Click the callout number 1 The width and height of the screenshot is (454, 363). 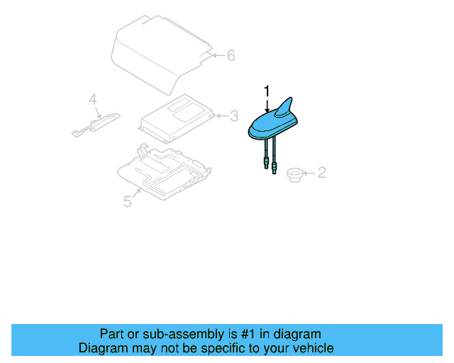point(267,91)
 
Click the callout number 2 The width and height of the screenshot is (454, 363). point(321,172)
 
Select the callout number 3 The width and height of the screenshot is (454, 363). point(233,116)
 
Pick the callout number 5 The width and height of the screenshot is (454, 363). point(127,201)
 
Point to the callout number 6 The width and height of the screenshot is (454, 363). point(230,55)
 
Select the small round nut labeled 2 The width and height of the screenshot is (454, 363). point(292,173)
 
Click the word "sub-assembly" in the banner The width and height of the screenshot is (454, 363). point(182,334)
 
